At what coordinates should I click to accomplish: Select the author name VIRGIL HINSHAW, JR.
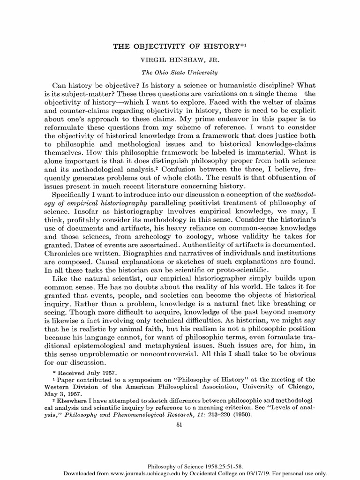click(x=180, y=60)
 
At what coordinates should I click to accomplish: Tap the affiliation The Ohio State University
click(x=180, y=73)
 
